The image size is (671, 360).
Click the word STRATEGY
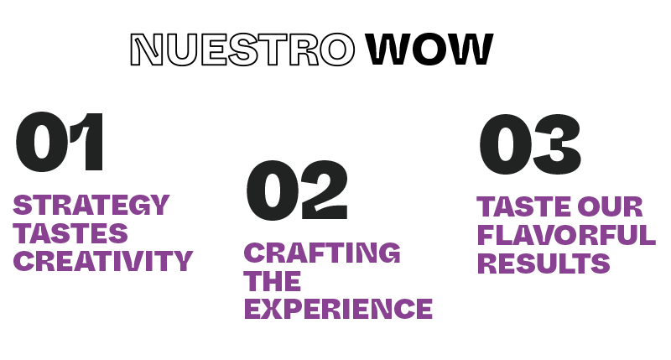tap(91, 205)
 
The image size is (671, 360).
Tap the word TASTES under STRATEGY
tap(71, 232)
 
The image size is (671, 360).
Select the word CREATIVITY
tap(103, 261)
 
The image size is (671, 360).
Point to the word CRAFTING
tap(322, 252)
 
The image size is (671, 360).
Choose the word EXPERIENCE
tap(338, 308)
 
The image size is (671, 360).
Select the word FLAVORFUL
tap(565, 236)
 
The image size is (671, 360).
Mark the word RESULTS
tap(543, 264)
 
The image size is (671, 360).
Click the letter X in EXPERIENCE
tap(278, 308)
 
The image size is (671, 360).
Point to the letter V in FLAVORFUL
tap(552, 236)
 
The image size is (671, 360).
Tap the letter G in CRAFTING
tap(388, 252)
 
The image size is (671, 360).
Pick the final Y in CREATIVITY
tap(183, 261)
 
